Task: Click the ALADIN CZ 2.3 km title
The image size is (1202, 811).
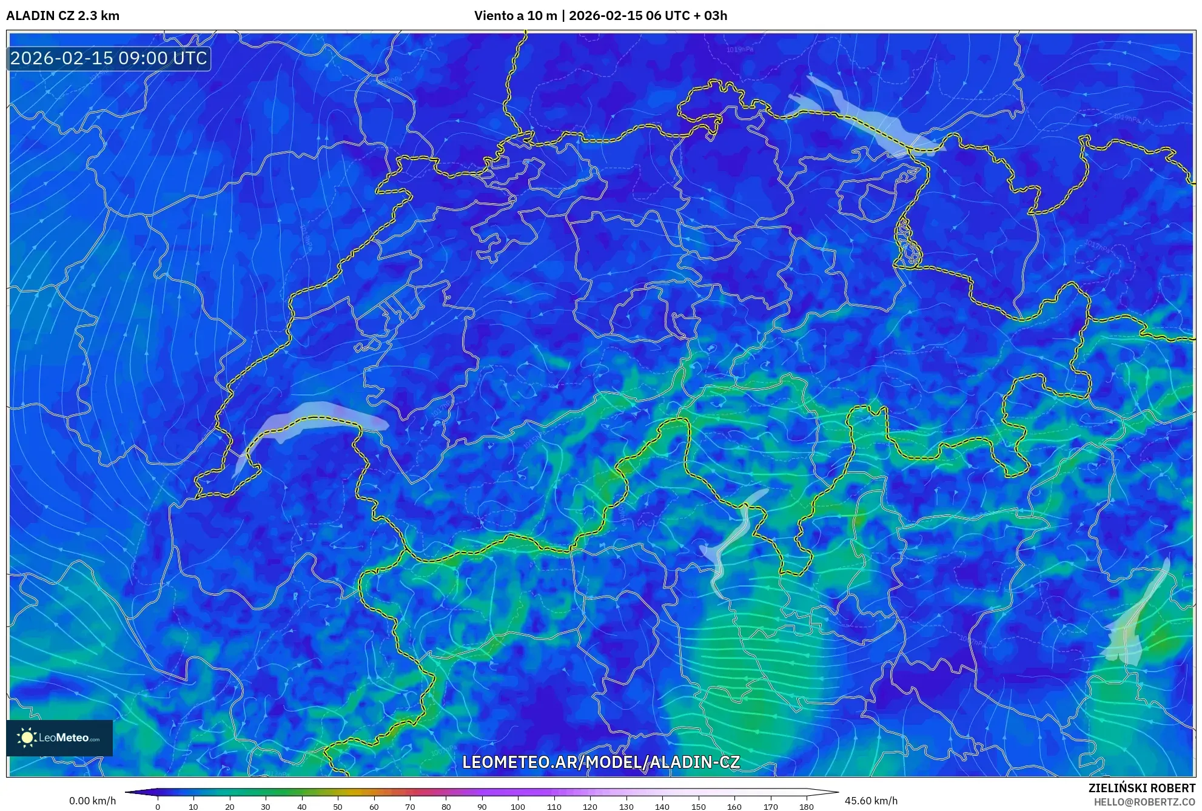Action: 63,16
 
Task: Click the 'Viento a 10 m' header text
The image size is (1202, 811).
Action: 515,16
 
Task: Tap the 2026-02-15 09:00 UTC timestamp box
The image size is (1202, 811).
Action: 109,59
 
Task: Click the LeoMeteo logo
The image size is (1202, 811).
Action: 59,738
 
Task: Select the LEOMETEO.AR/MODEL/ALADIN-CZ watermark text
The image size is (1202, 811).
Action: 600,762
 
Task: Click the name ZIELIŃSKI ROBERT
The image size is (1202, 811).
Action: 1141,788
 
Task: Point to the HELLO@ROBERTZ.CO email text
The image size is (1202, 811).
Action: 1144,802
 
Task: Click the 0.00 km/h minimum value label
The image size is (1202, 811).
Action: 92,801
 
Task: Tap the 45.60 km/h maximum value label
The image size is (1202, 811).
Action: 871,801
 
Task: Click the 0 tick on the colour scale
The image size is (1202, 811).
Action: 158,807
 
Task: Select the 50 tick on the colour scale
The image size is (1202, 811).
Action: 338,807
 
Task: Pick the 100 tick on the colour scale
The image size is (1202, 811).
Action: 518,807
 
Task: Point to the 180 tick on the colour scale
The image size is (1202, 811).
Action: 806,807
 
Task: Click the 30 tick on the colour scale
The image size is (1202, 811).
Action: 266,807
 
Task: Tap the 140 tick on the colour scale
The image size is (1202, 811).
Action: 662,807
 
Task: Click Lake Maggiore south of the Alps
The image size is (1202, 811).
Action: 734,540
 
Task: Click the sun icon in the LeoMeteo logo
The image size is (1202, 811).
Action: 27,738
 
